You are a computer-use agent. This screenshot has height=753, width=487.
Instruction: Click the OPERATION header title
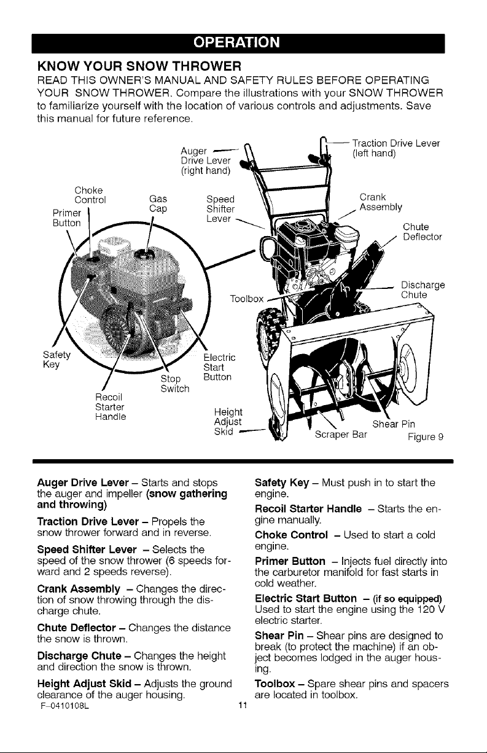237,42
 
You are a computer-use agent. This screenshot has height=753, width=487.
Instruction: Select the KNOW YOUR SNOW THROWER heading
139,66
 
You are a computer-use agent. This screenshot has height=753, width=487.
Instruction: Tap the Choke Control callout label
90,195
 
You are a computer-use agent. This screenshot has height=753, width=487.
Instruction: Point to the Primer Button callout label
67,218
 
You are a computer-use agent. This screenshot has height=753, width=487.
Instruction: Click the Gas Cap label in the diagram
158,204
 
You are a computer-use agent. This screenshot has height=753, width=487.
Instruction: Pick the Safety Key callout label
56,360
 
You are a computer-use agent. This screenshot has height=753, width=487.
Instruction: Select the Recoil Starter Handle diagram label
111,407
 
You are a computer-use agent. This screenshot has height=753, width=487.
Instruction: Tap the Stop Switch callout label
174,384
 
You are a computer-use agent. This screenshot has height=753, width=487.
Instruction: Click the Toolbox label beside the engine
246,299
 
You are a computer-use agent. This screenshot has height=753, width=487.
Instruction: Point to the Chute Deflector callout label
422,232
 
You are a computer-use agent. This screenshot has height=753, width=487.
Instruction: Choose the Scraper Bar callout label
341,435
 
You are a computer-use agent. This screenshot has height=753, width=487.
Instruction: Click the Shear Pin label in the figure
394,424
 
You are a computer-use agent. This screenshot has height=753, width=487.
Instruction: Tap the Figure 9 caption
426,437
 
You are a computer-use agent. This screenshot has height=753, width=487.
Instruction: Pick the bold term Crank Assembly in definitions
79,589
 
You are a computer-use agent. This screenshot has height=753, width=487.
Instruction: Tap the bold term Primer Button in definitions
290,561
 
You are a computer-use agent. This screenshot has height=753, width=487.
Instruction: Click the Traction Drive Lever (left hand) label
395,148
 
